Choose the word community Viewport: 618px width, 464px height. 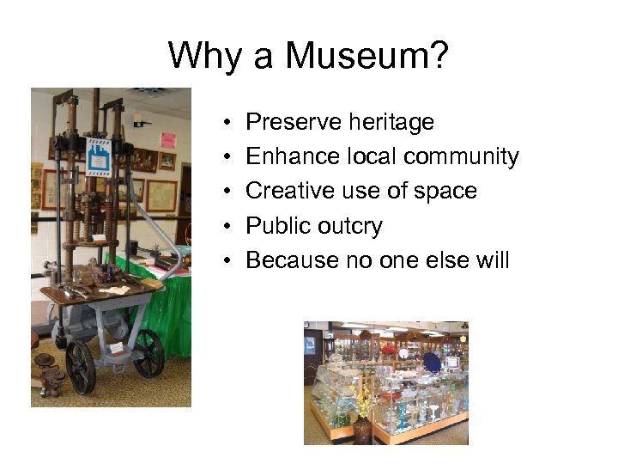pos(461,157)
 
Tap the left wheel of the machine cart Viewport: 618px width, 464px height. pos(82,367)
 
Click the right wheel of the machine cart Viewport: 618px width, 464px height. pos(148,352)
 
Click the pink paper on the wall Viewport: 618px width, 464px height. pos(168,139)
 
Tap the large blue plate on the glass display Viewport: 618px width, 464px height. pos(433,363)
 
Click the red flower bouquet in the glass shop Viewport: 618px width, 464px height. pos(388,350)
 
